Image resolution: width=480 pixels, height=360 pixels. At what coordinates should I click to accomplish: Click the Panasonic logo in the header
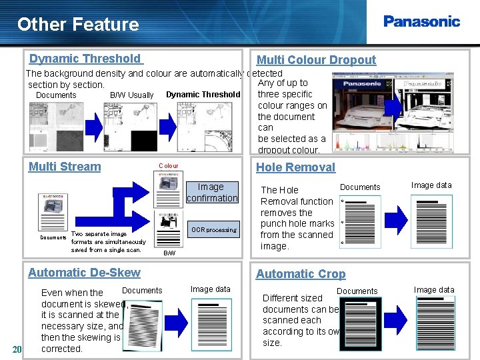tap(421, 21)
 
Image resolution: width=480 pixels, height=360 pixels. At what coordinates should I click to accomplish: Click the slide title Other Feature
tap(78, 25)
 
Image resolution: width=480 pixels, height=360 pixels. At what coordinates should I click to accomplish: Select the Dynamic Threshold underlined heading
tap(85, 59)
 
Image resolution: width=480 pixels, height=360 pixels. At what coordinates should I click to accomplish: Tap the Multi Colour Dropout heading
tap(316, 60)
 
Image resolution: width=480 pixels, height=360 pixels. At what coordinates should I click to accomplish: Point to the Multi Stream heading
tap(65, 167)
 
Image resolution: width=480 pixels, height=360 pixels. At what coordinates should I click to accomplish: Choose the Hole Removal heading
tap(295, 167)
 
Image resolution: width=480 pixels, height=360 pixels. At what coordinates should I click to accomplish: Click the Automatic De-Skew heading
tap(84, 272)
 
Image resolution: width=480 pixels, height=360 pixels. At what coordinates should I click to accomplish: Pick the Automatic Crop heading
tap(301, 273)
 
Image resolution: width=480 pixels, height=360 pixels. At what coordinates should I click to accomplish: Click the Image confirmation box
tap(211, 193)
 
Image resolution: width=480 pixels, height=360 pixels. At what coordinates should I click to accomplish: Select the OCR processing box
tap(213, 230)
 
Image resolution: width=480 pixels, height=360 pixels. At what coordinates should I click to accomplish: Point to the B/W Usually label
tap(131, 95)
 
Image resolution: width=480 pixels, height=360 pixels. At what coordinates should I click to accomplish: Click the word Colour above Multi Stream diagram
tap(168, 166)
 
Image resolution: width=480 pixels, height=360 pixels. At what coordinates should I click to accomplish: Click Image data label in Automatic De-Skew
tap(210, 289)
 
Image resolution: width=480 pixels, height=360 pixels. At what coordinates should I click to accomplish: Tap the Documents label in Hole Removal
tap(360, 187)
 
